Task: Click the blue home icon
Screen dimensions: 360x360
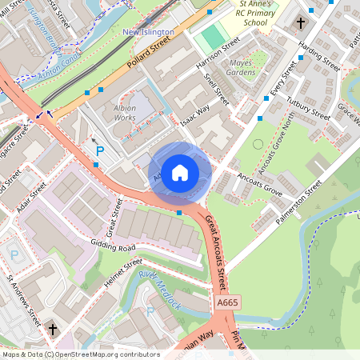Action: point(180,173)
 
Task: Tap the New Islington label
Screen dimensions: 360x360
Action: point(148,32)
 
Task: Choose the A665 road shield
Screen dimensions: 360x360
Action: point(226,302)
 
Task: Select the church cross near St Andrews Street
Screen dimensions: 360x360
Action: point(54,329)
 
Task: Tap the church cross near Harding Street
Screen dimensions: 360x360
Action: point(301,23)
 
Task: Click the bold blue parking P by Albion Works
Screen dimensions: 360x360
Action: point(100,150)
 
